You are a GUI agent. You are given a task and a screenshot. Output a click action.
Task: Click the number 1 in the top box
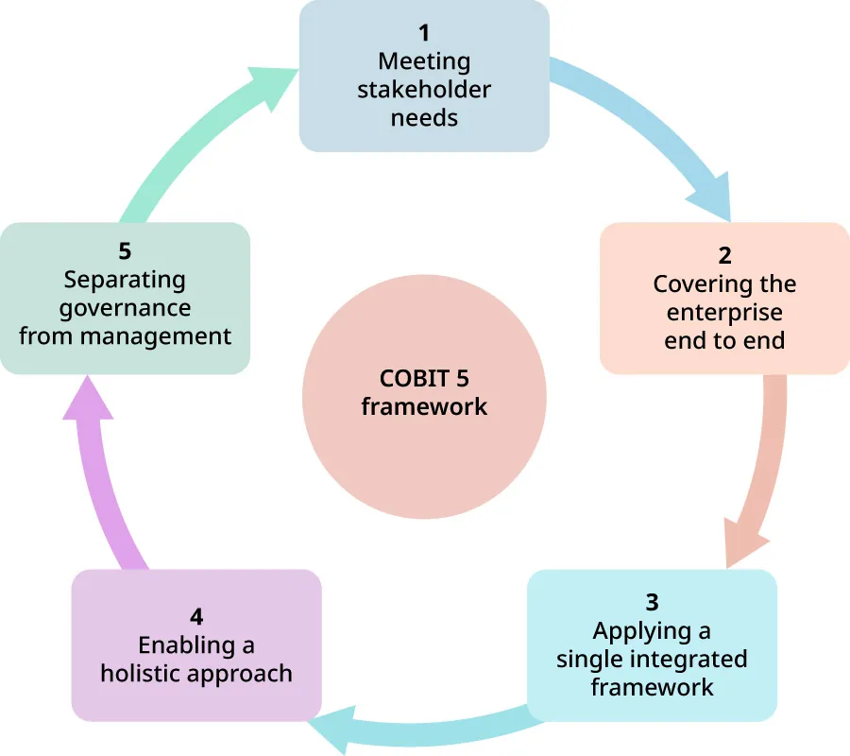pos(424,34)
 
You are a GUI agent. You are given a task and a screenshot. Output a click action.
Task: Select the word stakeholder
pos(424,90)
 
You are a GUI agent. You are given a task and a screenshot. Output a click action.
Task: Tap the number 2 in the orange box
pos(724,256)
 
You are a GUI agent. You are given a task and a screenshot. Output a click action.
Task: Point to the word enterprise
pos(724,312)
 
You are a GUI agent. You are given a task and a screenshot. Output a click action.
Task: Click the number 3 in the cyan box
pos(652,602)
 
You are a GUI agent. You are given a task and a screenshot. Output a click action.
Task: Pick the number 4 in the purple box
pos(196,617)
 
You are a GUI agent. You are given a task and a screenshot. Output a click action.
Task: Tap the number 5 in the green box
pos(125,252)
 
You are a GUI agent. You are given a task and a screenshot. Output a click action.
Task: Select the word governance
pos(125,308)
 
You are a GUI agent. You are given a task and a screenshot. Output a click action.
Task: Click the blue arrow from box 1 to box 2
pos(652,132)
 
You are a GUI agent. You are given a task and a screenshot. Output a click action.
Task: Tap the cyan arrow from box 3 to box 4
pos(425,729)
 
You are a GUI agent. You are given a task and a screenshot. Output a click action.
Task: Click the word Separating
pos(125,281)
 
